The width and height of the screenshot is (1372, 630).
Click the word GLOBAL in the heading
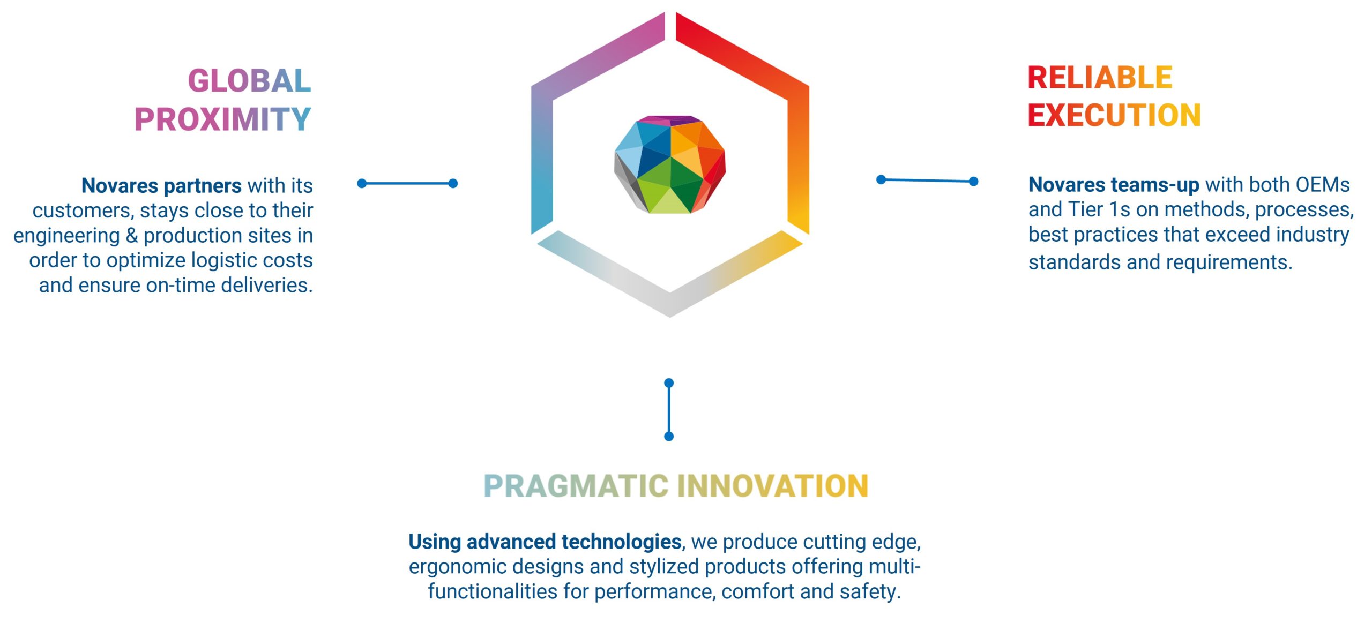click(x=250, y=81)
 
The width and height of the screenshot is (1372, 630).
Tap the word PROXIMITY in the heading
click(x=223, y=119)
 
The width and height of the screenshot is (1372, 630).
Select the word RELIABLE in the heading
click(x=1100, y=78)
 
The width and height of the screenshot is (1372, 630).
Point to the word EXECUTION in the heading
click(x=1114, y=115)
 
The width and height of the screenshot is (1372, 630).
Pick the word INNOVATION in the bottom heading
click(x=773, y=486)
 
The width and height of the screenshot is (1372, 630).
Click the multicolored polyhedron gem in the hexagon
click(x=670, y=164)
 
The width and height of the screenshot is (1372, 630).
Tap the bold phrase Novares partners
click(x=161, y=186)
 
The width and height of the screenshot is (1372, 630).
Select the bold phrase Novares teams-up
click(x=1114, y=185)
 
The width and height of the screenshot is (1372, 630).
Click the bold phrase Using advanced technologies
click(x=545, y=542)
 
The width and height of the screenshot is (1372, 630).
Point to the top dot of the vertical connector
click(x=669, y=383)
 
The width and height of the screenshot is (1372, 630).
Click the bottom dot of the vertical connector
click(x=669, y=437)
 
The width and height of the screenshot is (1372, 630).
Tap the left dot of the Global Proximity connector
click(x=362, y=183)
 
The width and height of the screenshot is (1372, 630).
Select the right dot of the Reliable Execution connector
click(x=974, y=182)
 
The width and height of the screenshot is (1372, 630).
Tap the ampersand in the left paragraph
click(x=132, y=236)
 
